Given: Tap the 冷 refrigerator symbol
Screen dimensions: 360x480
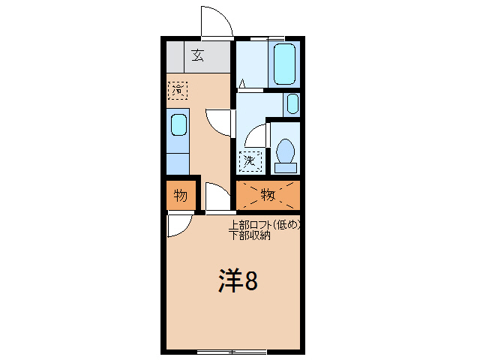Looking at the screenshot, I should [x=178, y=90].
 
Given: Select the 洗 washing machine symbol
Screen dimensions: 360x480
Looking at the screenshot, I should [x=250, y=159].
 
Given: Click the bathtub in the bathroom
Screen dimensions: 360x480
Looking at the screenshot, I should [x=284, y=64].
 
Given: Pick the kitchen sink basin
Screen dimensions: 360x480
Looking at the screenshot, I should [x=178, y=124].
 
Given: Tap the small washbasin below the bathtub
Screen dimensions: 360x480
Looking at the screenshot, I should [x=292, y=103].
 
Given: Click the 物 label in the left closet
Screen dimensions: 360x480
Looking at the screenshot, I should [x=181, y=196].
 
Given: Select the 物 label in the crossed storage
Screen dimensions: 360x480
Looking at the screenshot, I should [x=268, y=195].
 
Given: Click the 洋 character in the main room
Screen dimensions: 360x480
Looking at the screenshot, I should [x=230, y=280].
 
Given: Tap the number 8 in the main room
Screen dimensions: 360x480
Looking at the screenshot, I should [x=252, y=281].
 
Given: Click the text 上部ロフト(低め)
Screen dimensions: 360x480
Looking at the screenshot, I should [x=265, y=224].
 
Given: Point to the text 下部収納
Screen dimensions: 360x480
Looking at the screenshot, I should [x=250, y=235].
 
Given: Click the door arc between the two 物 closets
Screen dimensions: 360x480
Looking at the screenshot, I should [x=217, y=197].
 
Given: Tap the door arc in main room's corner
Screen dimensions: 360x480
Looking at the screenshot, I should [x=178, y=225].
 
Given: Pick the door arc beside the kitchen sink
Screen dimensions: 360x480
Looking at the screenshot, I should [x=220, y=121].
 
